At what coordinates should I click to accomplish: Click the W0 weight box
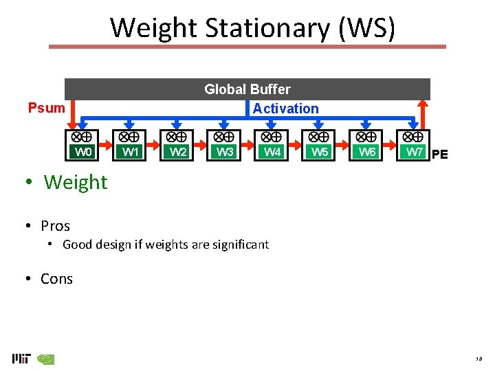pos(83,152)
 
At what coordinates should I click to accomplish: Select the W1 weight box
pos(131,152)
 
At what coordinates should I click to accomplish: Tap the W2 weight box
pos(178,152)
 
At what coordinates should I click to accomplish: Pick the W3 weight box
pos(225,152)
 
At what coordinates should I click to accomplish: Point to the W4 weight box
pos(272,152)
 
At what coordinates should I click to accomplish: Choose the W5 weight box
pos(320,152)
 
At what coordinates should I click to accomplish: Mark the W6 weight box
pos(367,152)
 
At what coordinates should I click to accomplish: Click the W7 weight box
pos(415,152)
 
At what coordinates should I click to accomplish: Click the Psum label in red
pos(46,108)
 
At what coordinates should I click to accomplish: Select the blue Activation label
pos(285,109)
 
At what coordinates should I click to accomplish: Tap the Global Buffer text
pos(247,89)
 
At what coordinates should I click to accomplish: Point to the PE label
pos(439,155)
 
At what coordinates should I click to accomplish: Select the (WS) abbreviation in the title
pos(363,28)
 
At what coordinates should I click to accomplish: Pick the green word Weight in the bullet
pos(76,182)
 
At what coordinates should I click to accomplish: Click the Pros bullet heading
pos(55,226)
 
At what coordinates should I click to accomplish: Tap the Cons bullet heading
pos(56,279)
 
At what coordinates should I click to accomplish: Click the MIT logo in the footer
pos(21,358)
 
